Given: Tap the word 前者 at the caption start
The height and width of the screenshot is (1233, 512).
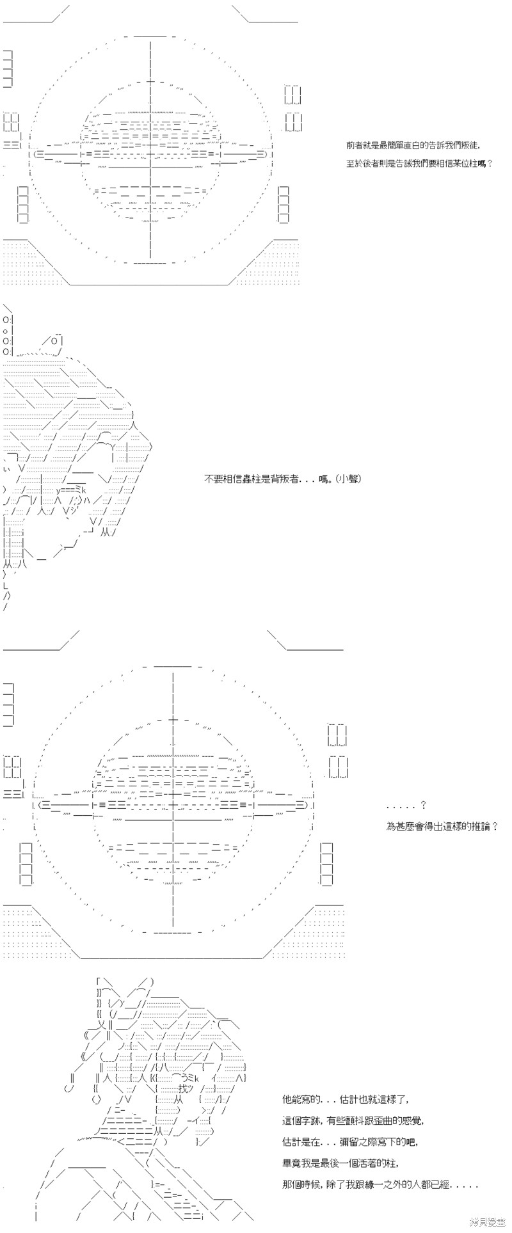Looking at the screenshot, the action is click(x=355, y=145).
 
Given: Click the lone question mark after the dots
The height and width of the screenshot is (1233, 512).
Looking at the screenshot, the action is click(x=423, y=806).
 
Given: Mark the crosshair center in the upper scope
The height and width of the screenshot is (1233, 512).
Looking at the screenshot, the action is click(x=150, y=154).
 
